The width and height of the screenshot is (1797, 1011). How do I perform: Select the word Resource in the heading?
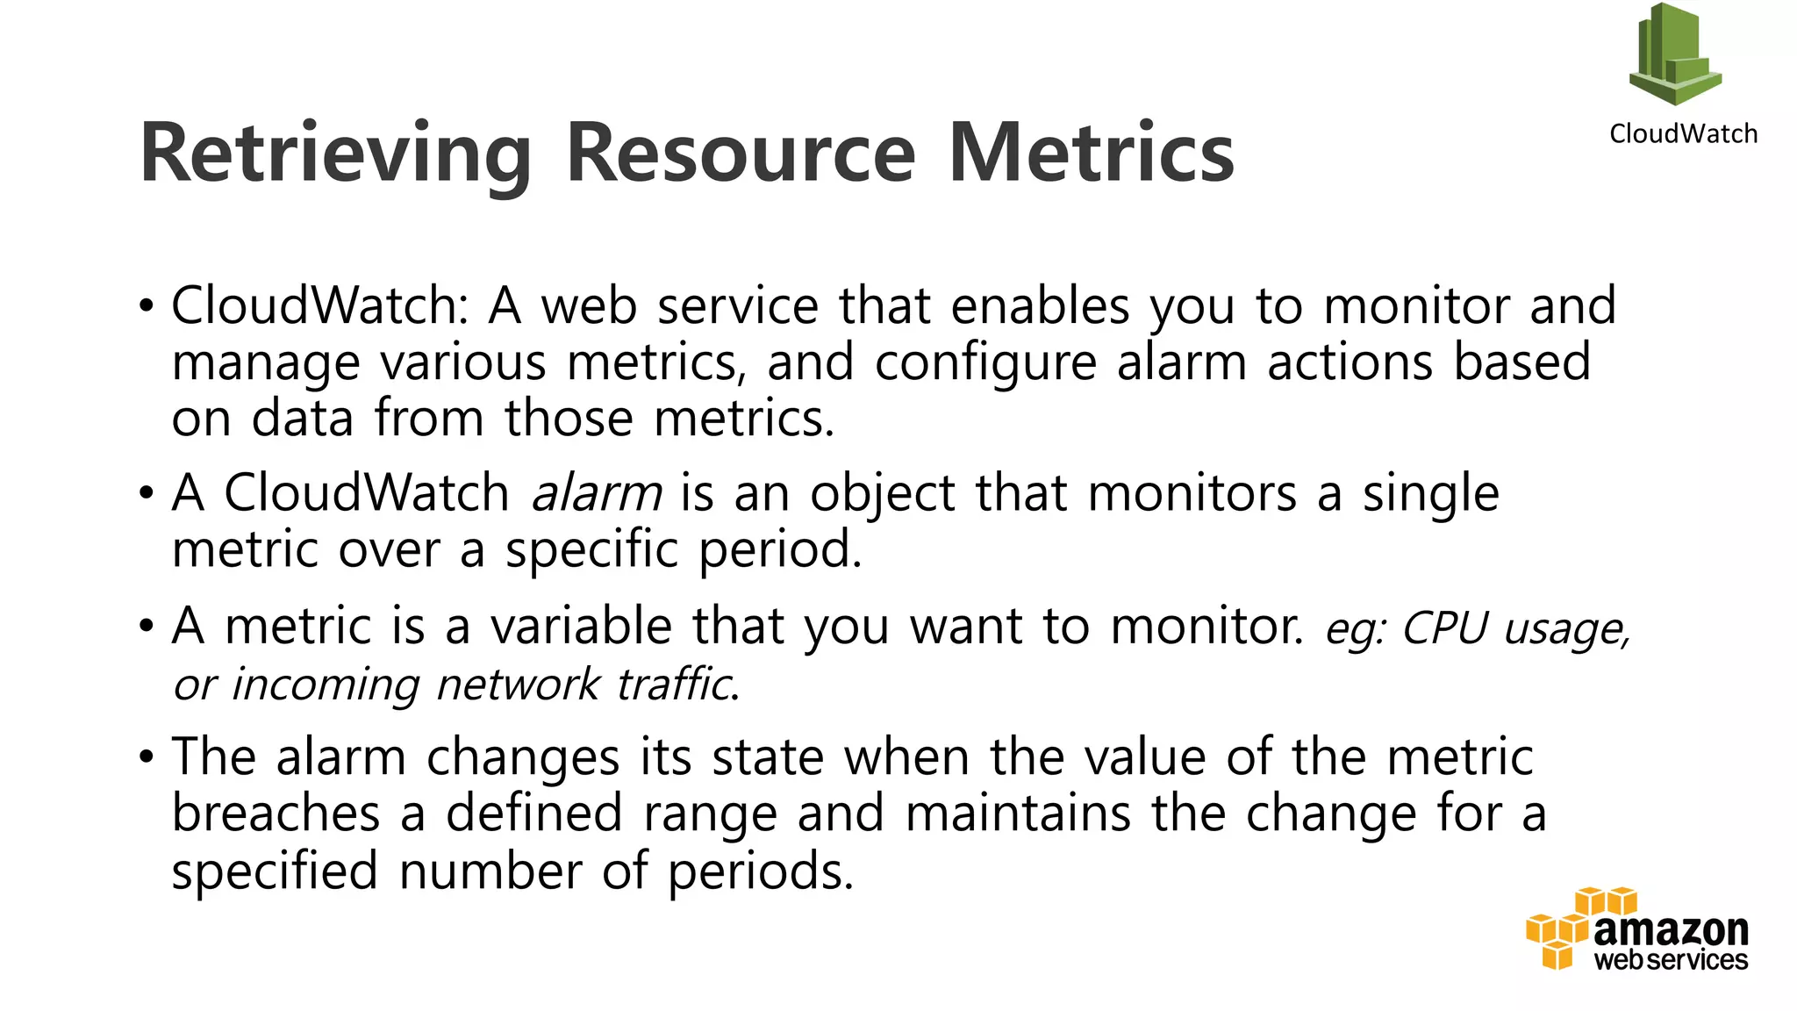pos(741,154)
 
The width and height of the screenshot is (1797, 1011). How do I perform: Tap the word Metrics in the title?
pos(1091,154)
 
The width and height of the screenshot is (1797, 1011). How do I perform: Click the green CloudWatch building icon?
pos(1675,54)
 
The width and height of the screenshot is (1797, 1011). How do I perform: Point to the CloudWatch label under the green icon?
pos(1683,133)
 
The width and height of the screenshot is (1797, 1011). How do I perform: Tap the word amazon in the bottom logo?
pos(1671,929)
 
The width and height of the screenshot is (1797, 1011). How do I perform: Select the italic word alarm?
pos(597,493)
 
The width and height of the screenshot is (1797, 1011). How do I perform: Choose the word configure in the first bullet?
pos(985,362)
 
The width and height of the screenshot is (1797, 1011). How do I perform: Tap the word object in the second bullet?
pos(882,493)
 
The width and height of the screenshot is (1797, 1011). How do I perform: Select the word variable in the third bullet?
pos(581,627)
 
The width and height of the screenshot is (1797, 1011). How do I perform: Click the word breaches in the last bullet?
pos(276,813)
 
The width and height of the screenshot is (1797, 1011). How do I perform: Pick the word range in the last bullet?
pos(710,814)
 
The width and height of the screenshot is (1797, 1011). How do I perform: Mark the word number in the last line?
pos(490,871)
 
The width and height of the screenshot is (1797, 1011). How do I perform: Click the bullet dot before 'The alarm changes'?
pos(146,756)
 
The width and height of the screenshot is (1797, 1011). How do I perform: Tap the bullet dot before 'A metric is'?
pos(146,627)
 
